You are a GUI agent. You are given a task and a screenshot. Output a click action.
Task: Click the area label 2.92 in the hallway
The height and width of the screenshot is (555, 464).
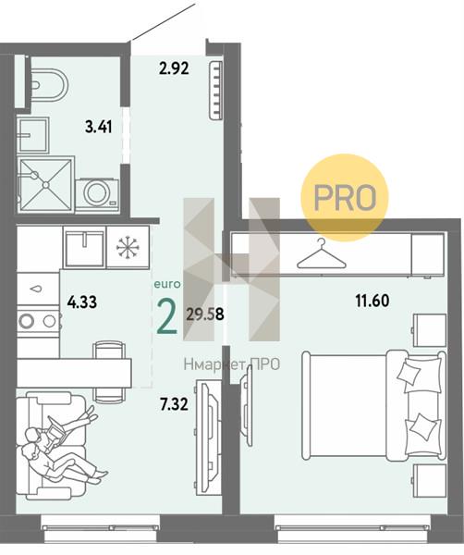[174, 68]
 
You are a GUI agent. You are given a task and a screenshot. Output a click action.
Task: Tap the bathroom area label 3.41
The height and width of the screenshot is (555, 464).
[99, 127]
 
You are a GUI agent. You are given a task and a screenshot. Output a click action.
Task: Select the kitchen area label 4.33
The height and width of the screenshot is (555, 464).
[82, 302]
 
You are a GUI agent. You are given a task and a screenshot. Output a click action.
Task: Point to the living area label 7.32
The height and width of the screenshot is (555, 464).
[174, 404]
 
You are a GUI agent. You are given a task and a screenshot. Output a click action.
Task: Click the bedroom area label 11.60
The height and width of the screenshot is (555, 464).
[372, 301]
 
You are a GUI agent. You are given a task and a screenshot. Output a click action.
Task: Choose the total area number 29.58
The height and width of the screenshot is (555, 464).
[205, 314]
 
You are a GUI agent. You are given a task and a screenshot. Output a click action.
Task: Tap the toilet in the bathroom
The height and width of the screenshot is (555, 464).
[49, 85]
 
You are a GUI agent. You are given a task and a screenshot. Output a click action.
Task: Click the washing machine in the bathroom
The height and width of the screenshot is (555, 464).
[97, 193]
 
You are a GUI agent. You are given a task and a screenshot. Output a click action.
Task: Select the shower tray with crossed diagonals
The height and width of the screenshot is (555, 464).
[45, 184]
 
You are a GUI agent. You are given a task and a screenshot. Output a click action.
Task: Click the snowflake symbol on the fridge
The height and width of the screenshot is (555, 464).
[128, 247]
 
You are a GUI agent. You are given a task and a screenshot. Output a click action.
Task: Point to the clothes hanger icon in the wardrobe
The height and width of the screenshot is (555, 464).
[321, 253]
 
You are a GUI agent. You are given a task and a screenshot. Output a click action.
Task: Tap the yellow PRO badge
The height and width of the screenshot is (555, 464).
[345, 198]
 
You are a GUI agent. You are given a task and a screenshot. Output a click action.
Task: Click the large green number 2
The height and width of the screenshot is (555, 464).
[167, 316]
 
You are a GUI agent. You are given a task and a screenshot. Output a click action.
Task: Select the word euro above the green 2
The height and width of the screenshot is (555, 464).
[167, 284]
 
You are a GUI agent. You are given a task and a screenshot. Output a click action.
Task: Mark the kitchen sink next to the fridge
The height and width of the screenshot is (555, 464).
[85, 247]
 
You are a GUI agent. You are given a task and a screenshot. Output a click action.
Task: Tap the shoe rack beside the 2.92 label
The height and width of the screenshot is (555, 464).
[215, 91]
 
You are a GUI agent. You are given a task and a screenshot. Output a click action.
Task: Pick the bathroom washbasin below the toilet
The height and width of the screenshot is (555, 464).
[33, 136]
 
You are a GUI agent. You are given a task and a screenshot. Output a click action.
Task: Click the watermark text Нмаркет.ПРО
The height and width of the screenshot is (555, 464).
[232, 364]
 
